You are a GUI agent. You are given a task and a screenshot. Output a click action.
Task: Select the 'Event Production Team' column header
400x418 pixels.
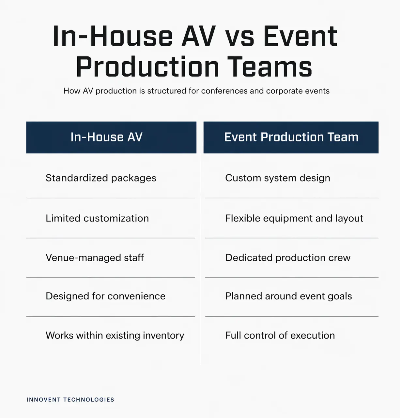pos(291,137)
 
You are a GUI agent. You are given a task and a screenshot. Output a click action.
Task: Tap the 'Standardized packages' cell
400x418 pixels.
pos(101,178)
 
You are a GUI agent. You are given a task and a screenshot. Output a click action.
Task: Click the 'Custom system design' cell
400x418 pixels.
pos(278,178)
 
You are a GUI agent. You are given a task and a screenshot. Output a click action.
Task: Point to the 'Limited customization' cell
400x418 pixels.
pos(97,218)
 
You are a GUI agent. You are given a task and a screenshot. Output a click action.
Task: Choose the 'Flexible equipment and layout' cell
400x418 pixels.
pos(294,218)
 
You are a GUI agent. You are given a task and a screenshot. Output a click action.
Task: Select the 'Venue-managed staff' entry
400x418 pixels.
pos(95,258)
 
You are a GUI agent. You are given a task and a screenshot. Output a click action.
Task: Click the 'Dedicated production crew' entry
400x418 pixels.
pos(288,258)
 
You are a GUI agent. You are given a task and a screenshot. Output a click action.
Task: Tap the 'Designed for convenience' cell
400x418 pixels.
pos(105,296)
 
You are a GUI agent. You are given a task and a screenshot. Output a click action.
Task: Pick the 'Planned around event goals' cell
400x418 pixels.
pos(288,296)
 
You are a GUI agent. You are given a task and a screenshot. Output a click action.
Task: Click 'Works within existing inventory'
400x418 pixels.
pos(115,335)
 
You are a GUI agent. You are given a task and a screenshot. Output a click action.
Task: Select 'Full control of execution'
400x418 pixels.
pos(280,335)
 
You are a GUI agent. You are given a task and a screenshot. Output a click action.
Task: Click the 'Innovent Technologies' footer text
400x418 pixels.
pos(70,400)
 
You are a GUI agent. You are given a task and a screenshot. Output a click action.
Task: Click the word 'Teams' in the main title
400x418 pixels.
pos(269,67)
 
